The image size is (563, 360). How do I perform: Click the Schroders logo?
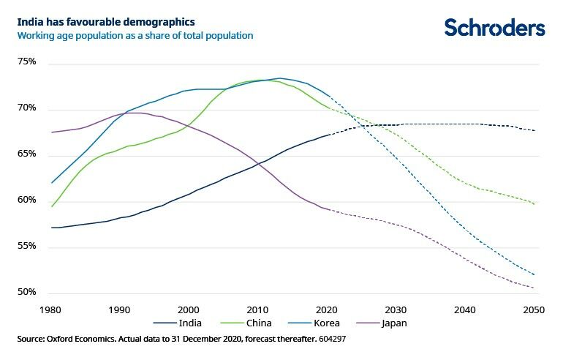(494, 27)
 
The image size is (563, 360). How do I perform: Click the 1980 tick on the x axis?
(51, 310)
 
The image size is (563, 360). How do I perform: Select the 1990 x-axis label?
(120, 310)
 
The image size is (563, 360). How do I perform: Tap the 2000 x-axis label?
(189, 310)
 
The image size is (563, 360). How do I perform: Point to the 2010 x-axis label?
(257, 310)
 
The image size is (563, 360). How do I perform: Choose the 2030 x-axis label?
(396, 310)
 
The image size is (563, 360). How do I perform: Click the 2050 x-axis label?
(533, 310)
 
